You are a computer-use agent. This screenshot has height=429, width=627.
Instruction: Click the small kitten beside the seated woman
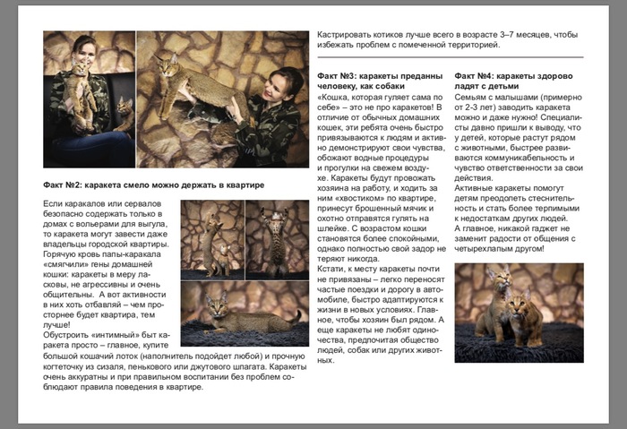124,112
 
